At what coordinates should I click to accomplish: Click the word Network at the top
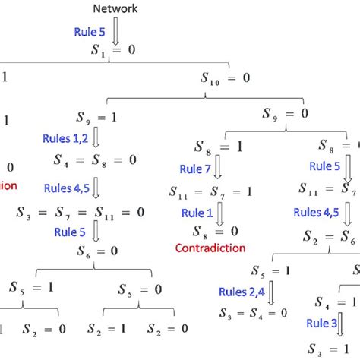click(x=116, y=8)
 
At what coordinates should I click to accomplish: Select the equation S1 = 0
click(x=116, y=55)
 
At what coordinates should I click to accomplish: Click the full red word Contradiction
click(x=210, y=248)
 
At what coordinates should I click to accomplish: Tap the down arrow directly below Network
click(x=115, y=33)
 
